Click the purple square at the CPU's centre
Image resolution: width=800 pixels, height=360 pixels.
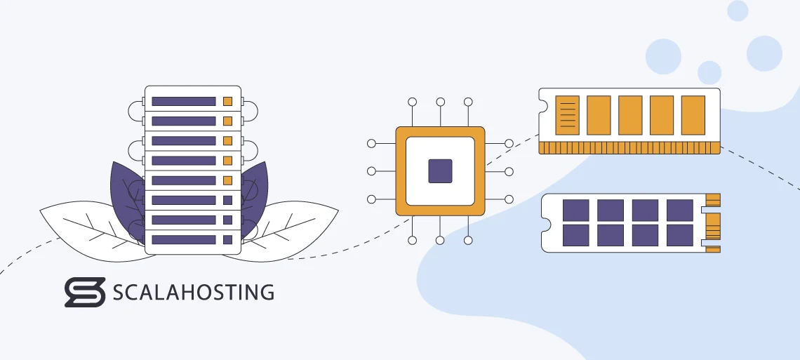[x=440, y=171]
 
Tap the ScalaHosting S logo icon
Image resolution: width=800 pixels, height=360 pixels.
[x=84, y=292]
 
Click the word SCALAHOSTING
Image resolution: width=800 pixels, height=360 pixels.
[x=194, y=292]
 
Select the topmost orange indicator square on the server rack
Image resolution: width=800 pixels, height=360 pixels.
[x=227, y=101]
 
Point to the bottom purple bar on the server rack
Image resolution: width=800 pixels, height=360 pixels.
[x=183, y=239]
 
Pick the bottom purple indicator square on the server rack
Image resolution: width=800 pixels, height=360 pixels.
[x=227, y=239]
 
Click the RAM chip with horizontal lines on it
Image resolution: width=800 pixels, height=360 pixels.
[x=567, y=114]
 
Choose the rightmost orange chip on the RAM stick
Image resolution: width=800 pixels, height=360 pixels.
[x=693, y=114]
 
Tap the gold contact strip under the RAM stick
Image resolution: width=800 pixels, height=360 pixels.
[x=629, y=147]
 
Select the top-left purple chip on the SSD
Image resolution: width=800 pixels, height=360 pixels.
[x=576, y=210]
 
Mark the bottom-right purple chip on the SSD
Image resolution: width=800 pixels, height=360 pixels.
[x=679, y=234]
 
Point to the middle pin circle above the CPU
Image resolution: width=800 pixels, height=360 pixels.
[x=440, y=102]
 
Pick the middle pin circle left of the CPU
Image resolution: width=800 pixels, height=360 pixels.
[x=371, y=171]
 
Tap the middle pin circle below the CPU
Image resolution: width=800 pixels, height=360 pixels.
[x=440, y=240]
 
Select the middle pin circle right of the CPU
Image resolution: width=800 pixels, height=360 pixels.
[x=509, y=171]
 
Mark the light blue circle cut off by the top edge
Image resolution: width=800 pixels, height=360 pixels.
[x=738, y=10]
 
